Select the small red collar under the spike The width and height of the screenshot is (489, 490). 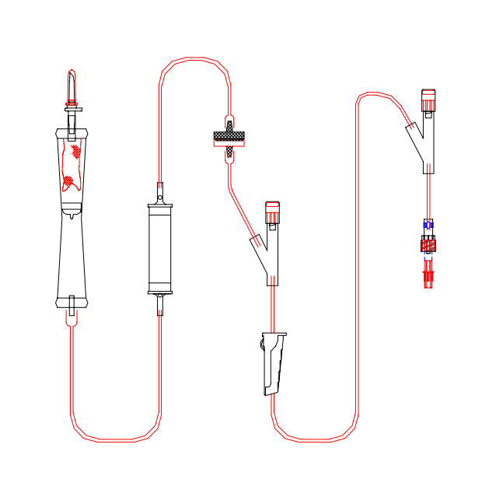pos(72,102)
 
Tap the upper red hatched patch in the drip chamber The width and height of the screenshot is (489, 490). pos(75,150)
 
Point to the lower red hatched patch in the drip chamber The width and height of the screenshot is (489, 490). pos(69,182)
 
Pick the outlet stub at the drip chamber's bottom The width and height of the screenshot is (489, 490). pos(72,306)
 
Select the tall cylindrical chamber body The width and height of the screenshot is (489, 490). pos(159,248)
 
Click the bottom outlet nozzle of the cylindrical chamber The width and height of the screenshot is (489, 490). pos(159,304)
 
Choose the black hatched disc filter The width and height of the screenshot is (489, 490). pos(229,138)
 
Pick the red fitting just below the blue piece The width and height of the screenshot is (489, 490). pos(427,245)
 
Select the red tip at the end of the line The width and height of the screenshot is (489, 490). pos(427,275)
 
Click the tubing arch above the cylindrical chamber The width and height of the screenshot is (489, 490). pos(194,59)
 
